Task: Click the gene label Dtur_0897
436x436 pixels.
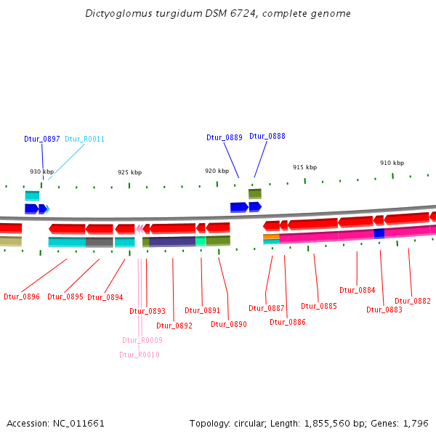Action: [x=41, y=139]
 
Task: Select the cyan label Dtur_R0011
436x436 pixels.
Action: [x=85, y=139]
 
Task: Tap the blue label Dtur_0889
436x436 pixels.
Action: [x=224, y=137]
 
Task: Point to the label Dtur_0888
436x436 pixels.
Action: [x=267, y=136]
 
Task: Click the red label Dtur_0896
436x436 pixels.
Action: [x=22, y=296]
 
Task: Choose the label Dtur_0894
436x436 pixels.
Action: [x=105, y=297]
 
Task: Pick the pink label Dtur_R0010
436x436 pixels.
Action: [x=140, y=355]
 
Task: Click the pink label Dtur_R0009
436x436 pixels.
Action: [x=142, y=340]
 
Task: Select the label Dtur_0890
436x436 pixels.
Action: [x=229, y=324]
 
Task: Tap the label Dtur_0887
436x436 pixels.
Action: [x=267, y=308]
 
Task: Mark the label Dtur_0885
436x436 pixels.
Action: [x=319, y=306]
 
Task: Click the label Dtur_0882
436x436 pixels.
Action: [x=413, y=301]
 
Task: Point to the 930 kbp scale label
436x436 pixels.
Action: [x=41, y=171]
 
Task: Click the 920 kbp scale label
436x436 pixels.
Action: [x=217, y=171]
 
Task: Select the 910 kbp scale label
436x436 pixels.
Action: [x=392, y=163]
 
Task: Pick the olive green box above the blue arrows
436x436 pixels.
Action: [x=254, y=194]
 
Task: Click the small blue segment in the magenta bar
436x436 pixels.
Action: [x=379, y=233]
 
